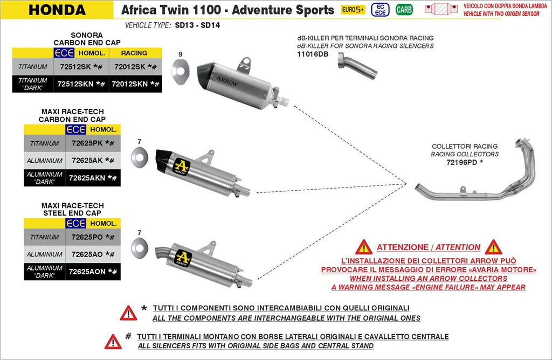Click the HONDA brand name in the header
pos(57,10)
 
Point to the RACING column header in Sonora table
pos(134,53)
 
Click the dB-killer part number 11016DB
pos(312,54)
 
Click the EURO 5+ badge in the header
pos(353,10)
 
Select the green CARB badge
pos(404,10)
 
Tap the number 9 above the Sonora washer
pos(181,54)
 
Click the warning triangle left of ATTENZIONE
pos(364,247)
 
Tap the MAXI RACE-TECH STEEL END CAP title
pos(72,209)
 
